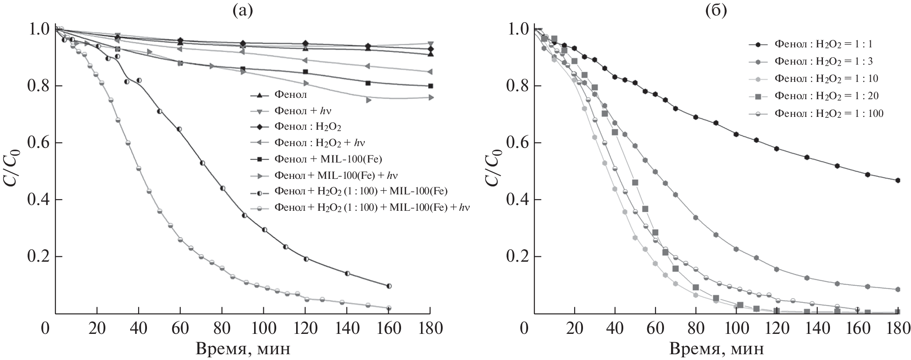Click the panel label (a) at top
(243, 10)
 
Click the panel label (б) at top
(716, 10)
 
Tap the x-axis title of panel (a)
(243, 349)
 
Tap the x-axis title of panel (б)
(716, 349)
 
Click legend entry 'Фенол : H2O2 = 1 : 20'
(826, 96)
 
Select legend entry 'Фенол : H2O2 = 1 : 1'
(823, 45)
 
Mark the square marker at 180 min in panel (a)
(430, 86)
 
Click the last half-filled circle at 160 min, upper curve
(389, 286)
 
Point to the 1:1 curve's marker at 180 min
(898, 180)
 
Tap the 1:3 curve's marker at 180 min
(898, 290)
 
